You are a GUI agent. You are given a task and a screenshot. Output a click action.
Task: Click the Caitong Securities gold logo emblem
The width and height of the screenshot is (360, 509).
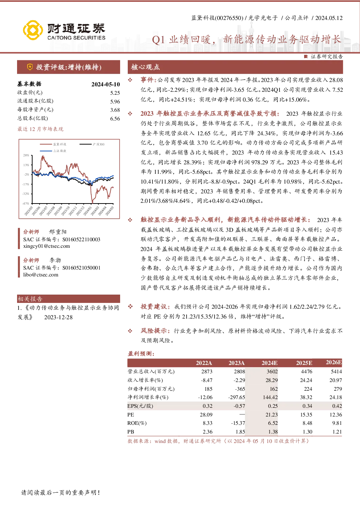[x=33, y=30]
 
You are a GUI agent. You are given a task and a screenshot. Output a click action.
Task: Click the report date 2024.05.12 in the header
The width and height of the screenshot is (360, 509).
[x=329, y=18]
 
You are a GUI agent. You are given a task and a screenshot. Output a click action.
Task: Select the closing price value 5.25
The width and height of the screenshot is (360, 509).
[x=115, y=93]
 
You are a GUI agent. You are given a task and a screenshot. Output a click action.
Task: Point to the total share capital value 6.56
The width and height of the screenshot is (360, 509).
[x=115, y=119]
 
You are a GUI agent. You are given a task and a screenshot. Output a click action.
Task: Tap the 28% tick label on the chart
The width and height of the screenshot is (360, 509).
[x=26, y=155]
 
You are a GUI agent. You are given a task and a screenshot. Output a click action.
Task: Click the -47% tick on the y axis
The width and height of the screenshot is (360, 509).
[x=26, y=204]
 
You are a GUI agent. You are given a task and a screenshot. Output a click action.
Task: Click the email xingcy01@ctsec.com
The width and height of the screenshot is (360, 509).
[x=46, y=246]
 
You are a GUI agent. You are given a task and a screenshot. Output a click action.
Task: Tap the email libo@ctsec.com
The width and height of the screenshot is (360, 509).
[x=41, y=275]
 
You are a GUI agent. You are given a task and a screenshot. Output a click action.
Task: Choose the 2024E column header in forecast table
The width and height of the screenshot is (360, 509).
[x=269, y=363]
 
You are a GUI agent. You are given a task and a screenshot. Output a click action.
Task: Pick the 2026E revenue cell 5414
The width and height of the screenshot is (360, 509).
[x=336, y=372]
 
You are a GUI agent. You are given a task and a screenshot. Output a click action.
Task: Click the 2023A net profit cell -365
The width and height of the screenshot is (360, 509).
[x=240, y=389]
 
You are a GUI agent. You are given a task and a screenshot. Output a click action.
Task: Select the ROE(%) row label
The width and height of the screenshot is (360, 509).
[x=137, y=423]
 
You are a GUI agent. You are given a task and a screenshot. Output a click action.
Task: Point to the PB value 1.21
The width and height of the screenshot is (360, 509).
[x=337, y=432]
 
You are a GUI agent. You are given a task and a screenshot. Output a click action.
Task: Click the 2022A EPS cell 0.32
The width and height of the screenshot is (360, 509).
[x=208, y=406]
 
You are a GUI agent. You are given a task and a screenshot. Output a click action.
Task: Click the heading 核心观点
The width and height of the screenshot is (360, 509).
[x=146, y=67]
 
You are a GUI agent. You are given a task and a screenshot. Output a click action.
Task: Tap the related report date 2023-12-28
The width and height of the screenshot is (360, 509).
[x=58, y=317]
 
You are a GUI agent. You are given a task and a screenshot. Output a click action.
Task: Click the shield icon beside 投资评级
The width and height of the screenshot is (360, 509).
[x=30, y=67]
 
